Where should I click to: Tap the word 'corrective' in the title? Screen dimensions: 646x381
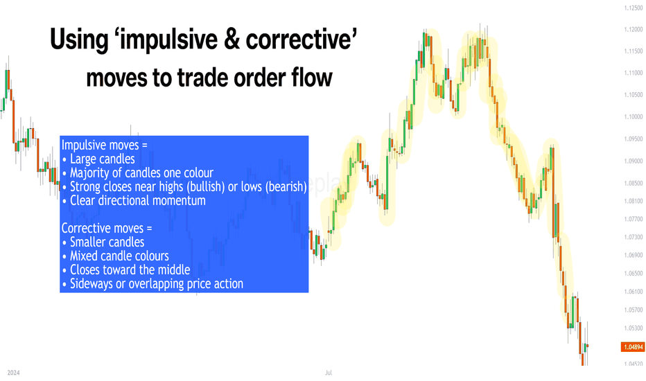pyautogui.click(x=301, y=39)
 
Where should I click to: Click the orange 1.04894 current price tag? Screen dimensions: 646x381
pyautogui.click(x=632, y=347)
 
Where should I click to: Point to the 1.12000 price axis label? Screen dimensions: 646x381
pyautogui.click(x=634, y=30)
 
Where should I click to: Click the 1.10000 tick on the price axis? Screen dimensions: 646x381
pyautogui.click(x=634, y=117)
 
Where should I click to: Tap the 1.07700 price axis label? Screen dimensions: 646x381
pyautogui.click(x=634, y=219)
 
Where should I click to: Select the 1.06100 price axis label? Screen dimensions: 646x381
pyautogui.click(x=634, y=292)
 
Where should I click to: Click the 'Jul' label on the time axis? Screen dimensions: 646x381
pyautogui.click(x=329, y=373)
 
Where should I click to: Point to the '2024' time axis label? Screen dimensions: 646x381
pyautogui.click(x=14, y=373)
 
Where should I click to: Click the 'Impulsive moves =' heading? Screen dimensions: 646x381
pyautogui.click(x=104, y=145)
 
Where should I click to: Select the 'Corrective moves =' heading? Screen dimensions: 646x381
pyautogui.click(x=107, y=228)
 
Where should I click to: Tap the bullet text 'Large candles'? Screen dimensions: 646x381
pyautogui.click(x=102, y=159)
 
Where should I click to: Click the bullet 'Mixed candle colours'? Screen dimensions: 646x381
pyautogui.click(x=119, y=256)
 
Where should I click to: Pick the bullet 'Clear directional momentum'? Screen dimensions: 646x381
pyautogui.click(x=138, y=201)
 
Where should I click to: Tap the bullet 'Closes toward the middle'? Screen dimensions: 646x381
pyautogui.click(x=130, y=269)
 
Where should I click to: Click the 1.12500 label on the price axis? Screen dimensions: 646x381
pyautogui.click(x=634, y=8)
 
